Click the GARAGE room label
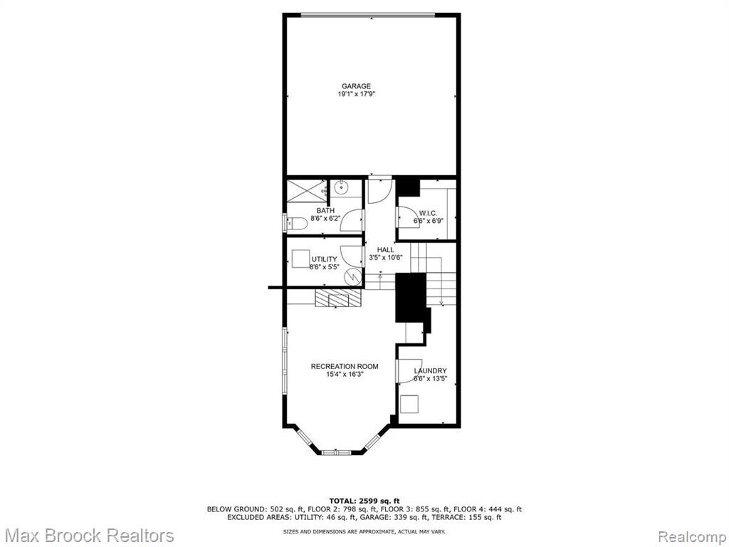(x=356, y=86)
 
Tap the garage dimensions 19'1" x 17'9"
(x=356, y=94)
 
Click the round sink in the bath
(x=341, y=188)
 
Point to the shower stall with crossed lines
(x=306, y=190)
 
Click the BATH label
(x=325, y=211)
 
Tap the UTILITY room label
(x=324, y=259)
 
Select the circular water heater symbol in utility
(x=353, y=277)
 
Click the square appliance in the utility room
(x=301, y=259)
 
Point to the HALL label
(x=385, y=250)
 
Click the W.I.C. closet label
(x=428, y=213)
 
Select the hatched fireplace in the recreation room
(x=338, y=298)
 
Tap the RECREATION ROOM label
(x=345, y=367)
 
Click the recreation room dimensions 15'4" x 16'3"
(x=345, y=375)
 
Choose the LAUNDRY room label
(x=431, y=370)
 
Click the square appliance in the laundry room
(x=409, y=404)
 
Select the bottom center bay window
(x=337, y=452)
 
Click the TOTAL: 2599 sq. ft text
(x=364, y=501)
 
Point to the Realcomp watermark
(x=692, y=536)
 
